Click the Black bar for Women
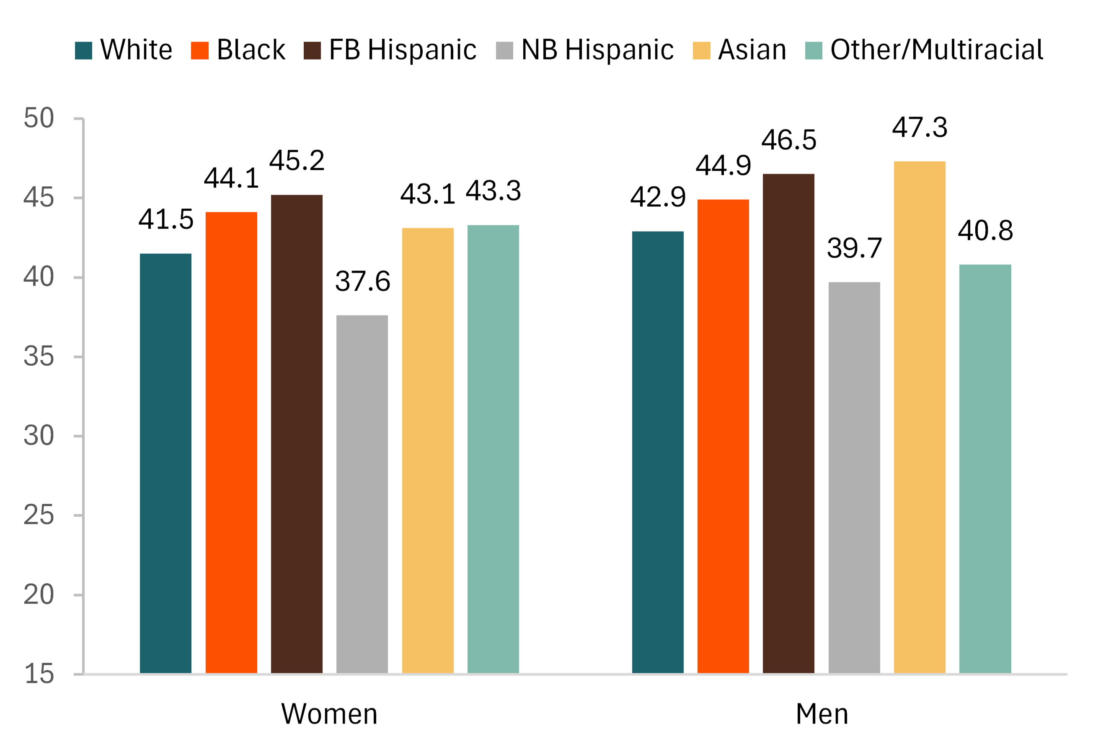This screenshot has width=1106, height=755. pos(231,443)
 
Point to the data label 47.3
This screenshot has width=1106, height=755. pos(920,128)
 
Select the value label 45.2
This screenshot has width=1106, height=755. pos(297,161)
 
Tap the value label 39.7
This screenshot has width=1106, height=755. pos(854,248)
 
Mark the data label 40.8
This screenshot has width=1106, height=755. pos(985,231)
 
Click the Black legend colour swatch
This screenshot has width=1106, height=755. pos(199,50)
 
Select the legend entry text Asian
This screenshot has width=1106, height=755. pos(752,49)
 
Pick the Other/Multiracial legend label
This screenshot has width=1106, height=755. pos(937,49)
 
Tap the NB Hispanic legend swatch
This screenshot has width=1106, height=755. pos(504,50)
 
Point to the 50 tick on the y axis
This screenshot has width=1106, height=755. pos(39,118)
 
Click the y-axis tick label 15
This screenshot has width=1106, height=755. pos(39,674)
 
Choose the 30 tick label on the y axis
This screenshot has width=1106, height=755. pos(39,436)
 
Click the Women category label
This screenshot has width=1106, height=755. pos(329,714)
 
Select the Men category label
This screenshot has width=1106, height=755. pos(822,714)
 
